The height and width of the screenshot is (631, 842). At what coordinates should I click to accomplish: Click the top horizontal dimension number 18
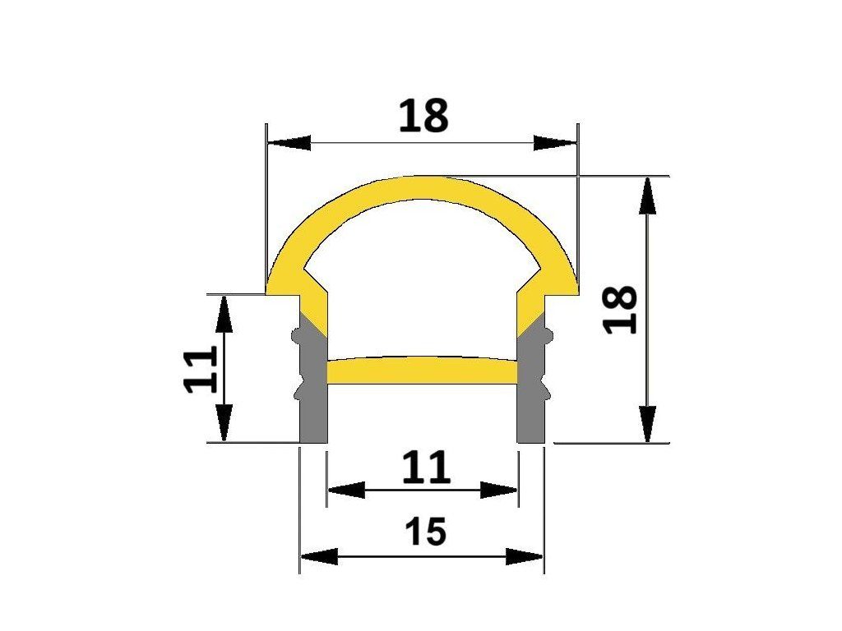click(423, 115)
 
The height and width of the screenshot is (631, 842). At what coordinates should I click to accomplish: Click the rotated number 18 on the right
click(620, 310)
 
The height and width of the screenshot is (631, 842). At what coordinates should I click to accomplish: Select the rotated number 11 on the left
click(201, 369)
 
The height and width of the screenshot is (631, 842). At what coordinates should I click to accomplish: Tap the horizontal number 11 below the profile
click(426, 467)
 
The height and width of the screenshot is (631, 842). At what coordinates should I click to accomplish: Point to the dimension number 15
click(425, 532)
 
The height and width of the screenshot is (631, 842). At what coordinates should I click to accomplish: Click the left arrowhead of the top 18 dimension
click(289, 143)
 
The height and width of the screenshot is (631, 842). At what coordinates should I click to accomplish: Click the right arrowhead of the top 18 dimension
click(555, 143)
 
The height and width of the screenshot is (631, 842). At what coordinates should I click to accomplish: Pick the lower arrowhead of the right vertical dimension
click(649, 424)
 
